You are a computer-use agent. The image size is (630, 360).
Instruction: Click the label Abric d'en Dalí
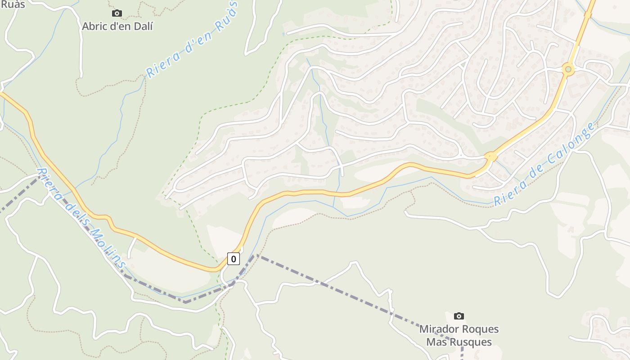[x=117, y=26]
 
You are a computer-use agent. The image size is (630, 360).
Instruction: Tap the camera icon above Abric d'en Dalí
[x=117, y=13]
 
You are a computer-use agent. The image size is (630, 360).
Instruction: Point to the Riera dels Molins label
[x=81, y=218]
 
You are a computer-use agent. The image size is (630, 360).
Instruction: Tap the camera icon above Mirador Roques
[x=459, y=316]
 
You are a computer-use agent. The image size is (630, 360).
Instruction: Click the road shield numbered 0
[x=233, y=259]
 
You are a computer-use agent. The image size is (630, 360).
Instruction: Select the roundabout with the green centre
[x=568, y=69]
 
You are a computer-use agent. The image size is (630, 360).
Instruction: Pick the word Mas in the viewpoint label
[x=436, y=342]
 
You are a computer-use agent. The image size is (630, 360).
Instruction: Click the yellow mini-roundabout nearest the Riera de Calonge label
[x=490, y=157]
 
